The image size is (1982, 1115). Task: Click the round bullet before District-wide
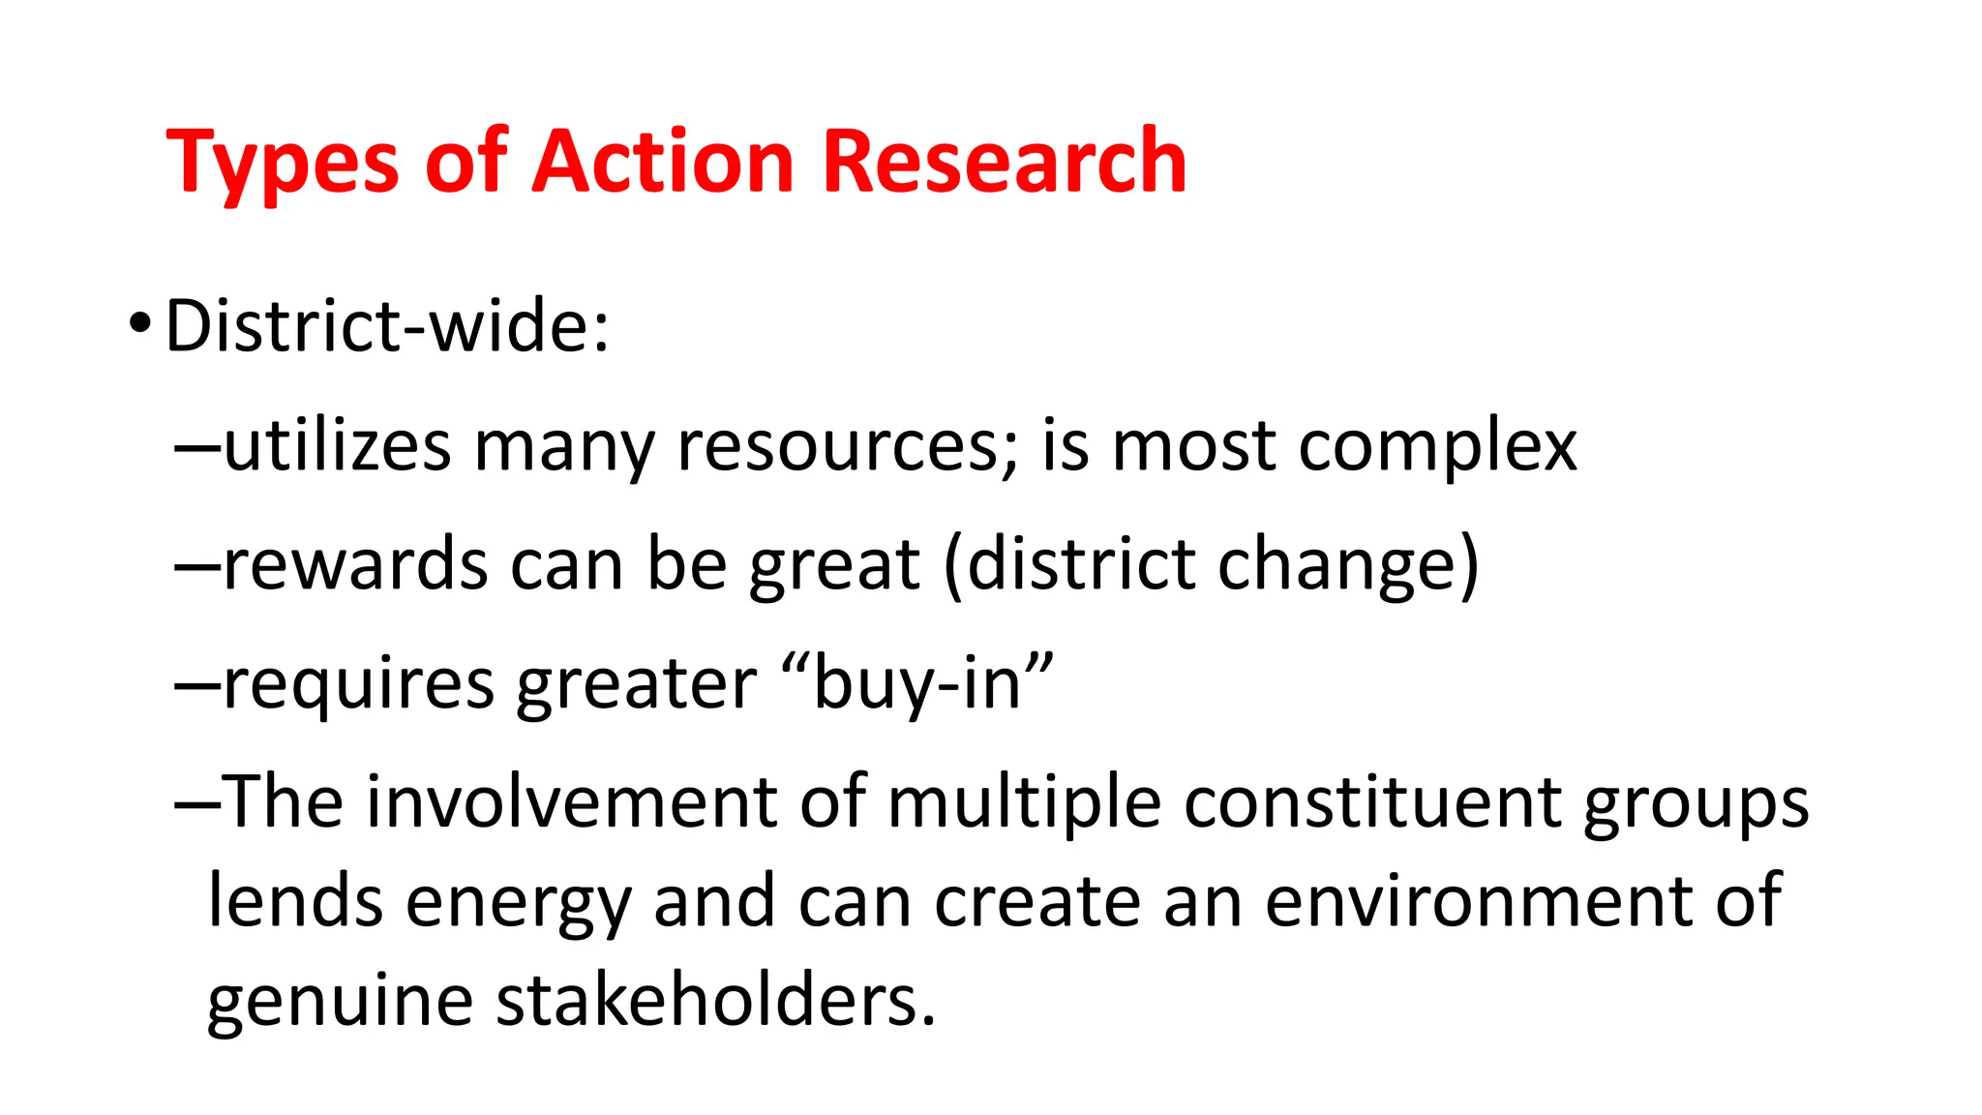(139, 325)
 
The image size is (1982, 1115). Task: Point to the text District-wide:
(388, 326)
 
